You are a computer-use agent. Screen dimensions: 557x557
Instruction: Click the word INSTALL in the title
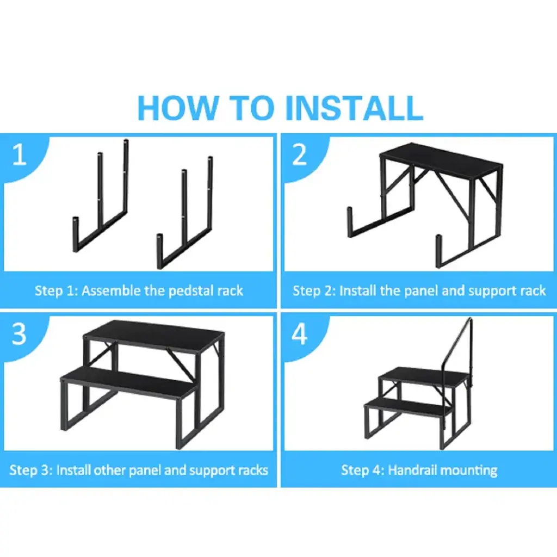click(354, 108)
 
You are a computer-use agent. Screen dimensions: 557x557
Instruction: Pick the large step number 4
click(299, 334)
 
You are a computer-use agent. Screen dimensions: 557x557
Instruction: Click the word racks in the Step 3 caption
click(253, 471)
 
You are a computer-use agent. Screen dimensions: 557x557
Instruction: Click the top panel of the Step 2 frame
click(441, 160)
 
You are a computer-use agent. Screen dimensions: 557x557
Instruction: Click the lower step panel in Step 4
click(409, 406)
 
